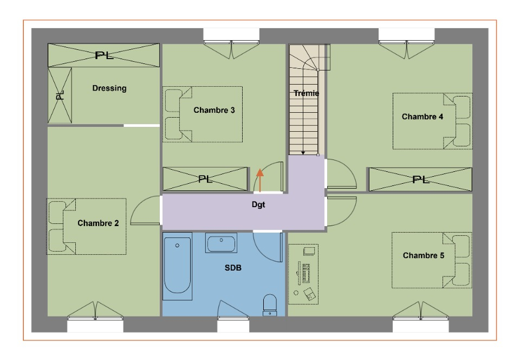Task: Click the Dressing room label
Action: pyautogui.click(x=109, y=88)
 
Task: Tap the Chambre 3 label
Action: pyautogui.click(x=214, y=110)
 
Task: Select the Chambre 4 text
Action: pyautogui.click(x=422, y=117)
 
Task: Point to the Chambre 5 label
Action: pyautogui.click(x=423, y=255)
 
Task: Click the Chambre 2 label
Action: pyautogui.click(x=98, y=223)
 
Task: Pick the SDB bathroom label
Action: pyautogui.click(x=233, y=268)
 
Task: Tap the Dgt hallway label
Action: pyautogui.click(x=258, y=205)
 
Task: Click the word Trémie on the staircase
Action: pyautogui.click(x=306, y=93)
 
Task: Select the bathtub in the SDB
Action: pyautogui.click(x=178, y=266)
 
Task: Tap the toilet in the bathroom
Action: pyautogui.click(x=270, y=305)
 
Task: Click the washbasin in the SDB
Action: pyautogui.click(x=221, y=243)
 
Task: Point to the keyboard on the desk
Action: pyautogui.click(x=305, y=273)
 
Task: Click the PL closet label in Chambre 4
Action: pyautogui.click(x=420, y=180)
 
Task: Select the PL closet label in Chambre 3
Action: pyautogui.click(x=205, y=179)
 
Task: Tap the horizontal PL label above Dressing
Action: pyautogui.click(x=104, y=55)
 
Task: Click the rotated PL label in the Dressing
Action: pyautogui.click(x=60, y=95)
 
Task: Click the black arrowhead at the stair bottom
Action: pyautogui.click(x=303, y=153)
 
